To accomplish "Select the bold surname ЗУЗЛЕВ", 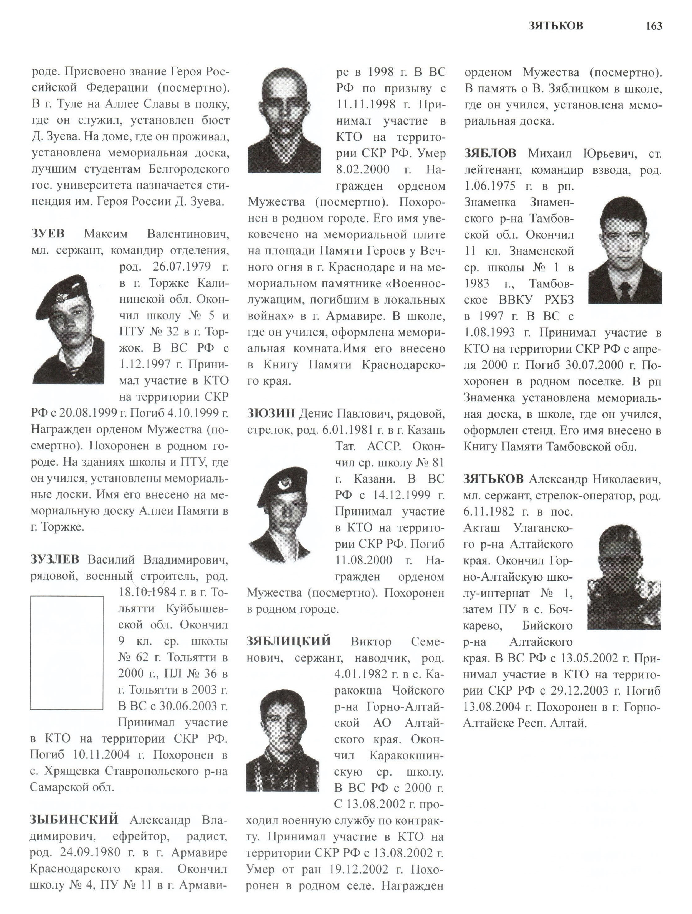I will [55, 559].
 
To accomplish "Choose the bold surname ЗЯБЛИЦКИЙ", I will [289, 641].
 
